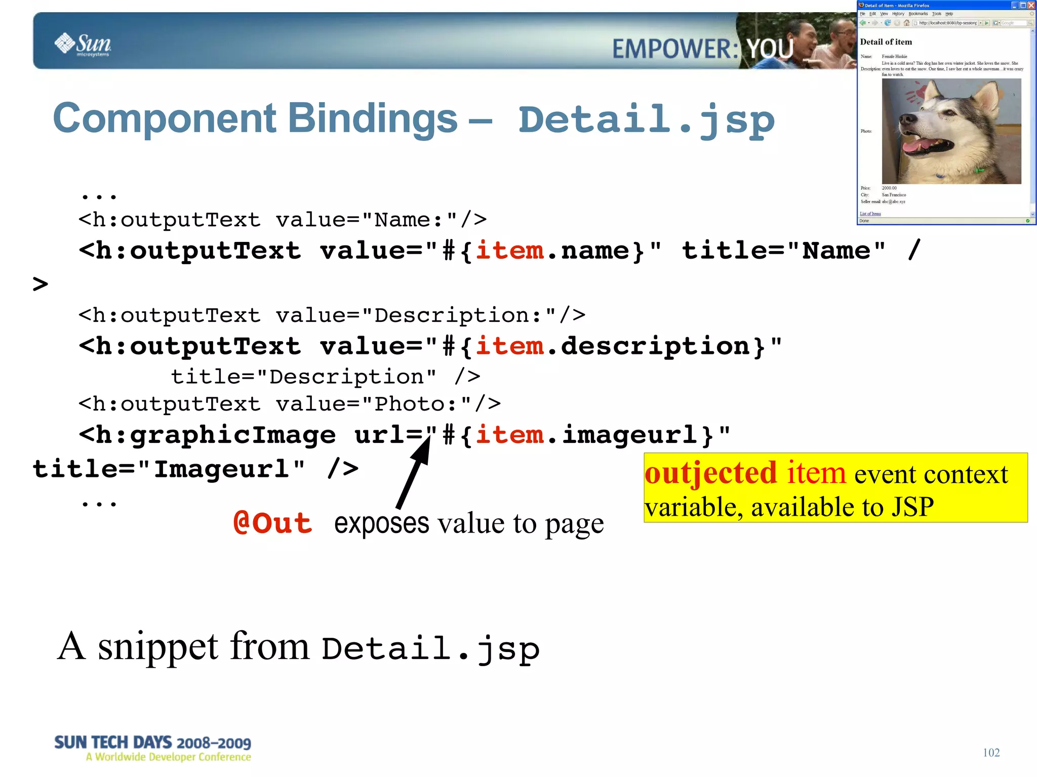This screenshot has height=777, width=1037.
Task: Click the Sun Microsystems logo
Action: (83, 44)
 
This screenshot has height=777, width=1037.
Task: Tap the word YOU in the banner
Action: (770, 49)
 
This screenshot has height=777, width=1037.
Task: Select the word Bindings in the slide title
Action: (373, 118)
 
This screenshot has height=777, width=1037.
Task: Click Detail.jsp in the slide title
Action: (646, 120)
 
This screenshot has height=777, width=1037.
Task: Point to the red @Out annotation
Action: (272, 523)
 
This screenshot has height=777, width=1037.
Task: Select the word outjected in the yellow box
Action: (710, 473)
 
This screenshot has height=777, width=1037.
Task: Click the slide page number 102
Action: (991, 752)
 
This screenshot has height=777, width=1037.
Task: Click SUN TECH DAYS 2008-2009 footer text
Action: (152, 743)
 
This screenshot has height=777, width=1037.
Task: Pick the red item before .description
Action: (509, 346)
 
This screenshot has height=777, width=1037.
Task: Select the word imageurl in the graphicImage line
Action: (630, 435)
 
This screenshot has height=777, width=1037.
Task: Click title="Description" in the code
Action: (303, 377)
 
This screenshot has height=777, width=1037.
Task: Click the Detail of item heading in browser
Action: (886, 42)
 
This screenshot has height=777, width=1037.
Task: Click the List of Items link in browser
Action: (870, 214)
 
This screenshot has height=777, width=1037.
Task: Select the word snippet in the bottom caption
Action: (158, 647)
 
